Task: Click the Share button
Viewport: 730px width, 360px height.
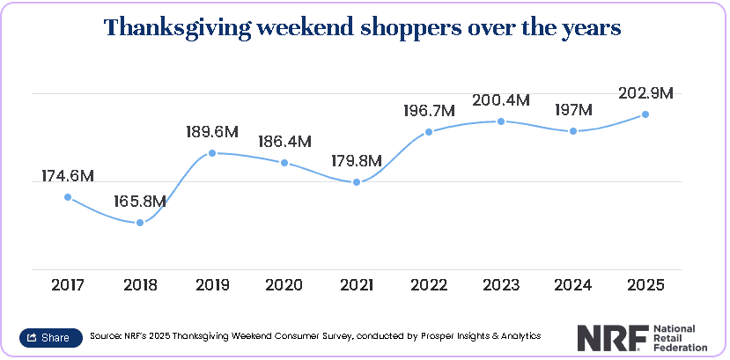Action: [51, 338]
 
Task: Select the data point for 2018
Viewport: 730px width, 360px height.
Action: [140, 223]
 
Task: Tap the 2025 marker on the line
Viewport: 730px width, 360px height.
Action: [645, 114]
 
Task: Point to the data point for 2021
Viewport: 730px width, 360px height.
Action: [357, 182]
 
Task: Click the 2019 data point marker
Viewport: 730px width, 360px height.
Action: [212, 152]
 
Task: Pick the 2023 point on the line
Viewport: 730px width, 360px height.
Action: [501, 121]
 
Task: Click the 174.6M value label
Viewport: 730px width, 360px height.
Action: [68, 176]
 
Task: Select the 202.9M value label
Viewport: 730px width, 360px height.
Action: [645, 93]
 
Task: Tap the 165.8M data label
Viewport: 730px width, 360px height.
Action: [140, 202]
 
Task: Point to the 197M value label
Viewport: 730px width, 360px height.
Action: [573, 110]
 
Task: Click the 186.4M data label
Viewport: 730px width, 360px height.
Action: [284, 142]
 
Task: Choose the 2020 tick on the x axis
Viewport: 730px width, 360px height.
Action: [284, 284]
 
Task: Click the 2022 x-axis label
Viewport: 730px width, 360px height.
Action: [429, 284]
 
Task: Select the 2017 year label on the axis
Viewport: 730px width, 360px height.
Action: [68, 284]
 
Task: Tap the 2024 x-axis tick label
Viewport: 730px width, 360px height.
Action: [573, 284]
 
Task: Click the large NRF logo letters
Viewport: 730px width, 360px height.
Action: [613, 338]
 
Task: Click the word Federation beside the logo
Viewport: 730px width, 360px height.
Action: [680, 347]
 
